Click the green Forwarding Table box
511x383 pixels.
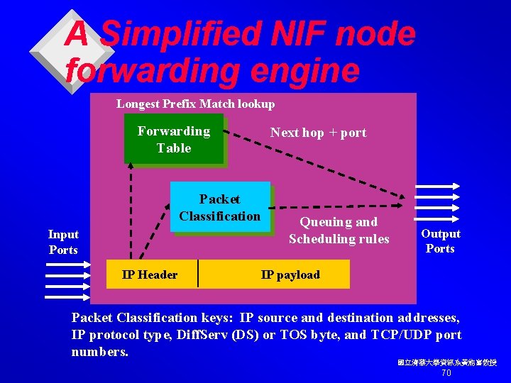point(174,139)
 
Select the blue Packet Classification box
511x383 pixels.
point(220,207)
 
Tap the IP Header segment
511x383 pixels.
point(150,274)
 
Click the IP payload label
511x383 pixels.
point(290,274)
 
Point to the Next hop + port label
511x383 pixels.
point(318,133)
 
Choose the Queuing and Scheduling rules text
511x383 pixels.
point(339,231)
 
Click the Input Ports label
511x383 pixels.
point(63,241)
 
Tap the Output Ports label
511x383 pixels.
point(441,241)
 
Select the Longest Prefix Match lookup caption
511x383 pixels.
point(195,104)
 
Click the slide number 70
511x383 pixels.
point(446,373)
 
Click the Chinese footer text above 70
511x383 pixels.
point(447,362)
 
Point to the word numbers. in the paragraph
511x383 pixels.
point(100,352)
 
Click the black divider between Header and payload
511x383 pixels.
point(198,274)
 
